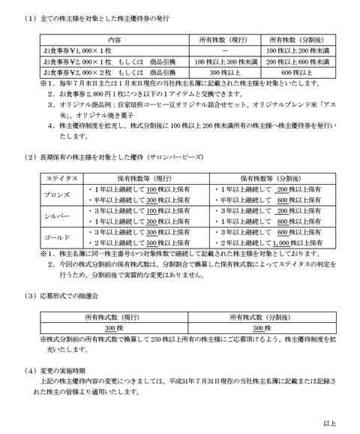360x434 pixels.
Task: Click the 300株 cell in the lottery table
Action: [113, 328]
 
